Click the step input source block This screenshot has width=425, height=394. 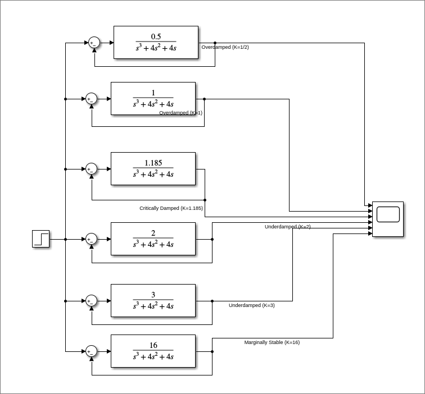[x=40, y=239]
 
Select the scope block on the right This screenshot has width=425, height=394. [x=388, y=219]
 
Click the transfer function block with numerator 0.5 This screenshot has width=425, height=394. [x=156, y=42]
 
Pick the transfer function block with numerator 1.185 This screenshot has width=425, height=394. [x=153, y=168]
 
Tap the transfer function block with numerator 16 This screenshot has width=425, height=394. [x=153, y=351]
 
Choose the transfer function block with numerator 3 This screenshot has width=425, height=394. [x=153, y=300]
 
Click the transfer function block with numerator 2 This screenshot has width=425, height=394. [x=153, y=239]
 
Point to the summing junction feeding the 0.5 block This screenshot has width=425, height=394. [x=94, y=43]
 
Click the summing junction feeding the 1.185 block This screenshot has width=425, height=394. [x=91, y=169]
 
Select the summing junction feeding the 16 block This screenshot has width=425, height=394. [x=91, y=351]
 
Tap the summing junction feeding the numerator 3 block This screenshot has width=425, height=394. [x=91, y=301]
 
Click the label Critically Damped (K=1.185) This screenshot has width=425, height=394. [x=171, y=208]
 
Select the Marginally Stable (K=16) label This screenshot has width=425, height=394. [x=272, y=342]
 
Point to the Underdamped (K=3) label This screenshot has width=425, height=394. [x=251, y=305]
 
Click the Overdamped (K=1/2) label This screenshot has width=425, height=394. [x=225, y=47]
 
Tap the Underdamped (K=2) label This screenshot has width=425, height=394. [x=287, y=227]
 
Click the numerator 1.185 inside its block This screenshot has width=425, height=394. [x=153, y=163]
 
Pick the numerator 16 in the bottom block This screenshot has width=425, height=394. [x=153, y=345]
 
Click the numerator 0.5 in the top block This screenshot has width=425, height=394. [x=156, y=36]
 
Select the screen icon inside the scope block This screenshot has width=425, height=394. [x=388, y=214]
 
